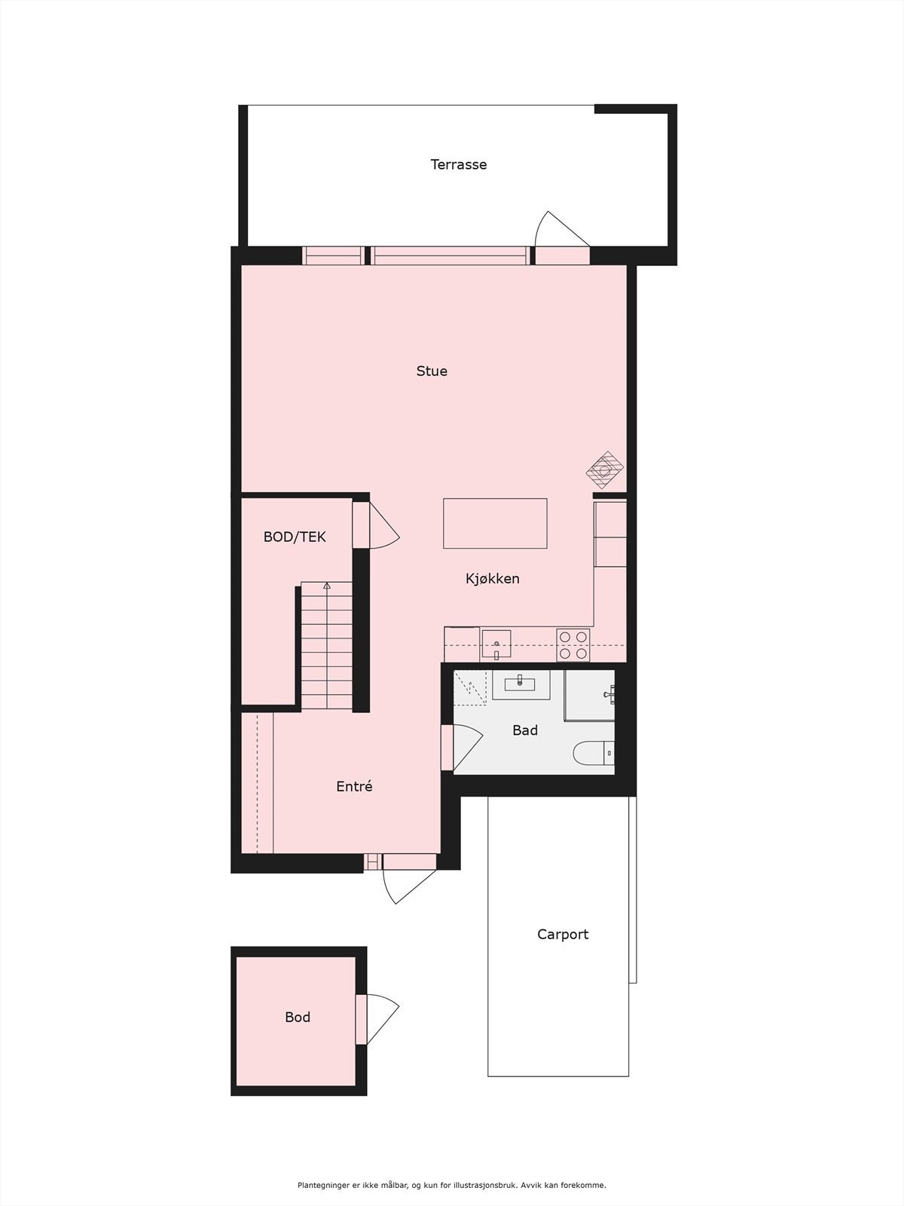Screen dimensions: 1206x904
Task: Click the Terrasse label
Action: pyautogui.click(x=458, y=164)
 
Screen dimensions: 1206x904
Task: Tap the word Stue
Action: pyautogui.click(x=432, y=371)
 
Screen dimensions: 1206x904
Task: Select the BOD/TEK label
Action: pyautogui.click(x=295, y=537)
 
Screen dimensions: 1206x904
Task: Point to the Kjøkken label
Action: pyautogui.click(x=492, y=579)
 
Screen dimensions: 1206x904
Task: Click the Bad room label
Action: pyautogui.click(x=525, y=730)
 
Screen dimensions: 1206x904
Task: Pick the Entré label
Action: pyautogui.click(x=354, y=786)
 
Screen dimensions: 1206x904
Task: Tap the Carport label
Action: pyautogui.click(x=563, y=935)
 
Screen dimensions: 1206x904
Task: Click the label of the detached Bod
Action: pyautogui.click(x=298, y=1018)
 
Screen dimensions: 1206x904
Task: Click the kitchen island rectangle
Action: pyautogui.click(x=495, y=523)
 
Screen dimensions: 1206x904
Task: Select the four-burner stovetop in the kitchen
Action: pyautogui.click(x=573, y=645)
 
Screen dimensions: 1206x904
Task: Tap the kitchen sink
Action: pyautogui.click(x=496, y=645)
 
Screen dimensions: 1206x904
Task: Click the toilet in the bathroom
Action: pyautogui.click(x=595, y=752)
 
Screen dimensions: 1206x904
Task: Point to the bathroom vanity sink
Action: pyautogui.click(x=521, y=684)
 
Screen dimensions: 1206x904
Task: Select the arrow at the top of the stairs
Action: pyautogui.click(x=327, y=586)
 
